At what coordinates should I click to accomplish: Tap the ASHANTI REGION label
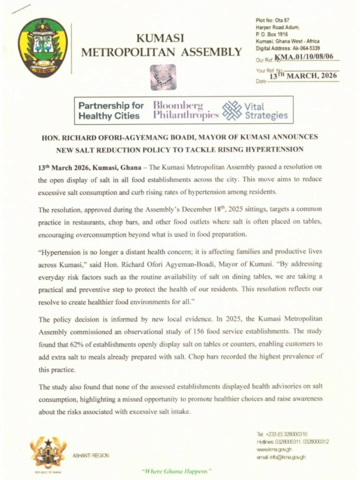point(90,455)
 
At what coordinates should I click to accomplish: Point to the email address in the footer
point(281,457)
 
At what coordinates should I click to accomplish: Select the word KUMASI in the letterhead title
point(160,38)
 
